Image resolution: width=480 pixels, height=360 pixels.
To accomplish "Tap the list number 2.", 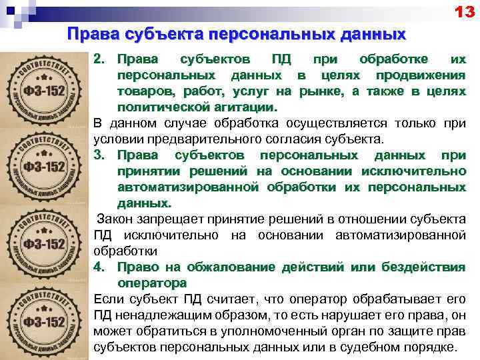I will (100, 60).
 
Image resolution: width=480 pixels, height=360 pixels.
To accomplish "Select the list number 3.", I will (100, 155).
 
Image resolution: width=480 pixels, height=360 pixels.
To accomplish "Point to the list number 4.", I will (100, 267).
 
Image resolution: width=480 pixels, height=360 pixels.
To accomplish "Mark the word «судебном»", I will (379, 347).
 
